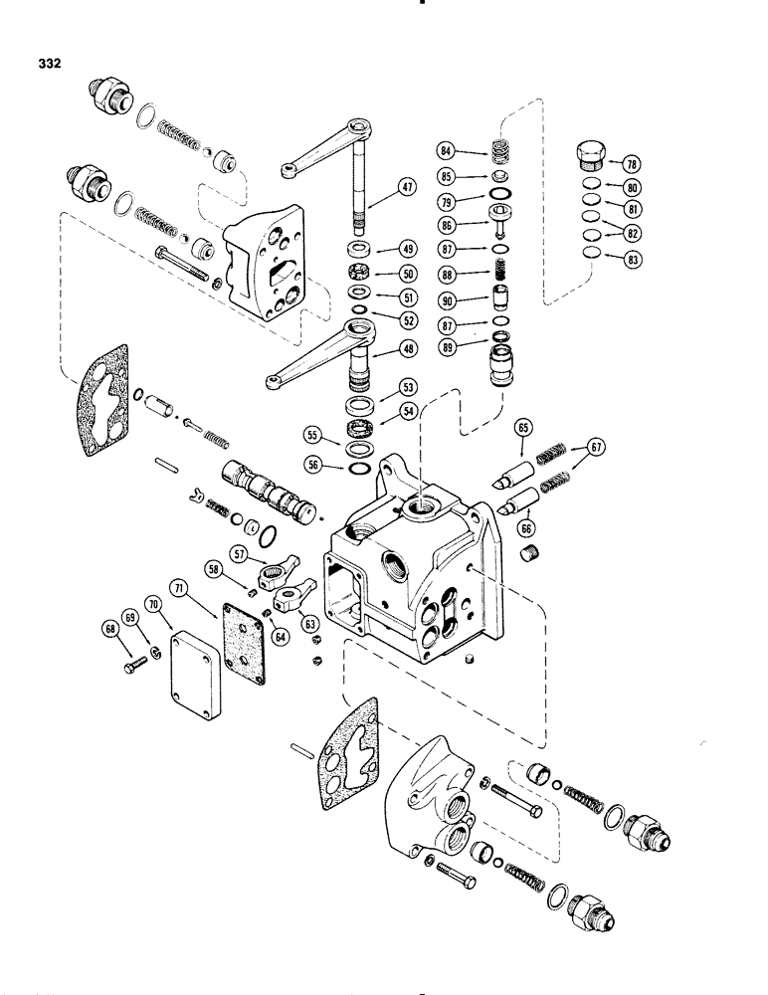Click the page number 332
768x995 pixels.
46,62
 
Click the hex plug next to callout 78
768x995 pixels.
589,157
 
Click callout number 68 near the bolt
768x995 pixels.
110,628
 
